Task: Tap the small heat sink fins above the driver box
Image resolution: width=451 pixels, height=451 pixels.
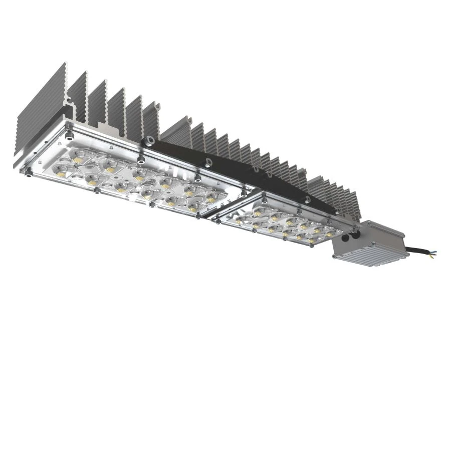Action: pos(341,200)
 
